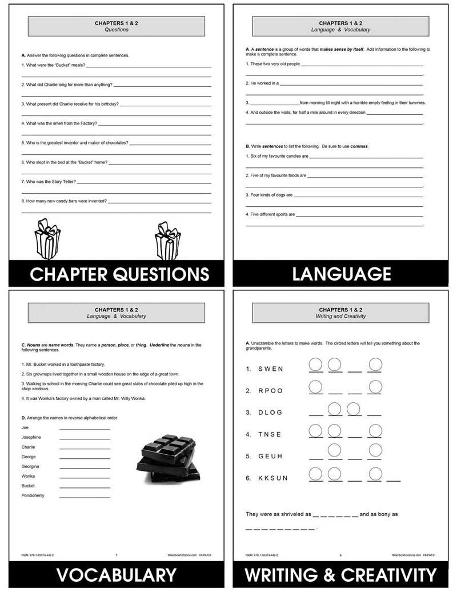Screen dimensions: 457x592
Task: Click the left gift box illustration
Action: tap(47, 239)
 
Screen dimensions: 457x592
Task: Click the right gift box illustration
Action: tap(168, 241)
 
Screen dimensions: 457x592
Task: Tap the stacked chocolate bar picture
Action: tap(170, 458)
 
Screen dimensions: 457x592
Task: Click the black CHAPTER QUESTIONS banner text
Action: tap(119, 274)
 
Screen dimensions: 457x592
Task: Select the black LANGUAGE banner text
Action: tap(342, 274)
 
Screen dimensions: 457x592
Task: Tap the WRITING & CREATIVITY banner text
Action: tap(342, 575)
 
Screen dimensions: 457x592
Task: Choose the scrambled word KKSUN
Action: tap(272, 478)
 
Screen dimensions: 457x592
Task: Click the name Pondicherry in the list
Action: tap(33, 495)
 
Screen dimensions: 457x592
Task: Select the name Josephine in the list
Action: tap(31, 437)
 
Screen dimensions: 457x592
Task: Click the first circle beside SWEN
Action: tap(315, 364)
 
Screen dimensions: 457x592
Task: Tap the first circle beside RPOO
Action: tap(315, 386)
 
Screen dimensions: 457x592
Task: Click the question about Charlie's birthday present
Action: tap(71, 104)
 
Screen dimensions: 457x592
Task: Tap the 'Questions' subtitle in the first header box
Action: tap(117, 30)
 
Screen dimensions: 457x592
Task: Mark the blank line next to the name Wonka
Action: tap(85, 476)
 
